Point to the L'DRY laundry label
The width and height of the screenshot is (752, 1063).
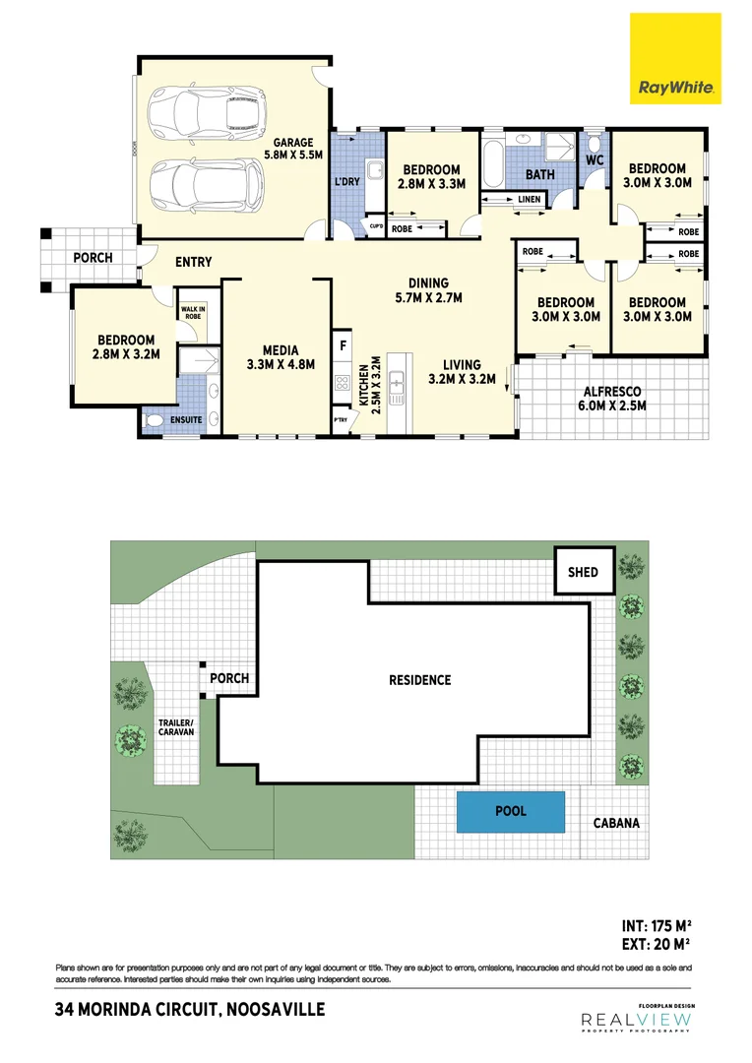coord(346,182)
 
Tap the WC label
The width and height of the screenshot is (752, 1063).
coord(595,159)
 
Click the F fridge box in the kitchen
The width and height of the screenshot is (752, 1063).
coord(343,346)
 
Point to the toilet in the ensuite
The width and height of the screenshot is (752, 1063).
coord(155,420)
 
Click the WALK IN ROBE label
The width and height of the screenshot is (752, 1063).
coord(192,312)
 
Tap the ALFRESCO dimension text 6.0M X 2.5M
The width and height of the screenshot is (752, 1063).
coord(610,405)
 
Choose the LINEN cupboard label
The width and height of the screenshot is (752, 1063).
coord(529,201)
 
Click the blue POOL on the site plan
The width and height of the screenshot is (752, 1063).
coord(511,811)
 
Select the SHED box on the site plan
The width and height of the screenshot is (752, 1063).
coord(584,572)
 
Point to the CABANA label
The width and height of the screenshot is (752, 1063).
coord(615,823)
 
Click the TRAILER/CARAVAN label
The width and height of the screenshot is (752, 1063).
coord(176,727)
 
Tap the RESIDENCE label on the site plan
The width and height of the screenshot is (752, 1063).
coord(419,680)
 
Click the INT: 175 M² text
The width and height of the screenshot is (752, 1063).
coord(657,925)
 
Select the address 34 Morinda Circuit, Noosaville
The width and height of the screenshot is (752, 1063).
coord(190,1010)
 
